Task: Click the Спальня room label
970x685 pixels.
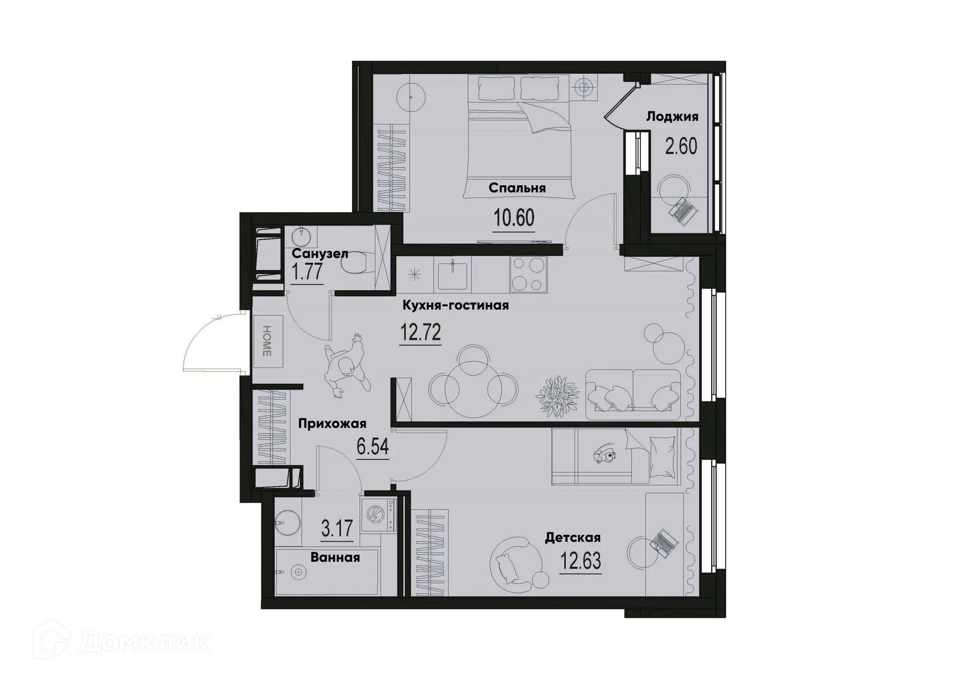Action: (517, 188)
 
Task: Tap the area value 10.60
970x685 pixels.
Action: (514, 219)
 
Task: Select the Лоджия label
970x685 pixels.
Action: (672, 117)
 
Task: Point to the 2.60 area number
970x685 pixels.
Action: (681, 146)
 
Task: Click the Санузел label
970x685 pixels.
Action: (320, 253)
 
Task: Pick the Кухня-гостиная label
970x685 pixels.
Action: (455, 305)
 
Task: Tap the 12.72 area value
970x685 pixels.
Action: (420, 333)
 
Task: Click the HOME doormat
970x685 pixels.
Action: (268, 341)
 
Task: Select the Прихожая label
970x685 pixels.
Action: (332, 424)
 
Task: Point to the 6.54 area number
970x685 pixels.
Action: (373, 447)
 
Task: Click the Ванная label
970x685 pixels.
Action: (335, 557)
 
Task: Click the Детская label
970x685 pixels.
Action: (572, 538)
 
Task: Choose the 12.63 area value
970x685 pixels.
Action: (580, 561)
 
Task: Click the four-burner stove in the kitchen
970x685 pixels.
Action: (528, 275)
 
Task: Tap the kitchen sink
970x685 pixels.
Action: (452, 275)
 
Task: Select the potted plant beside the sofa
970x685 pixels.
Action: (557, 396)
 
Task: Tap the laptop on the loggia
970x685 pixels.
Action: (683, 211)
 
